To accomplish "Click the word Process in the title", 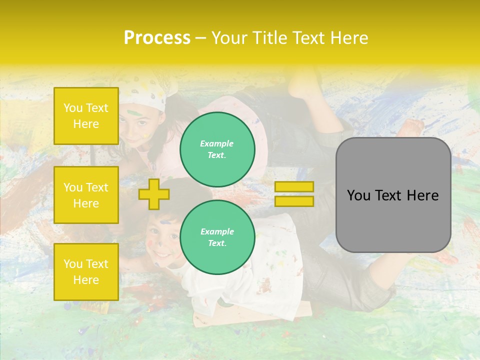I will coord(157,38).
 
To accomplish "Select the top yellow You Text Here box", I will coord(86,116).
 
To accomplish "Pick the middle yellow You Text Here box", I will coord(86,195).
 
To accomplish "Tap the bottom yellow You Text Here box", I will coord(86,272).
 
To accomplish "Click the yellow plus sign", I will coord(154,194).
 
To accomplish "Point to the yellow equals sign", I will coord(294,194).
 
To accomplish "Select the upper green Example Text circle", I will coord(217,149).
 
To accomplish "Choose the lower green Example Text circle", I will coord(217,237).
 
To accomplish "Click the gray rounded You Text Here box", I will coord(393,195).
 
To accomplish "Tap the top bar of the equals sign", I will coord(294,187).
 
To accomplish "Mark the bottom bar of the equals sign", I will coord(294,201).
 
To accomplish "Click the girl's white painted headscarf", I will coord(145,98).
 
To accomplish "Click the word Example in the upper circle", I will coord(216,143).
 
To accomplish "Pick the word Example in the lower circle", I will coord(217,231).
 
